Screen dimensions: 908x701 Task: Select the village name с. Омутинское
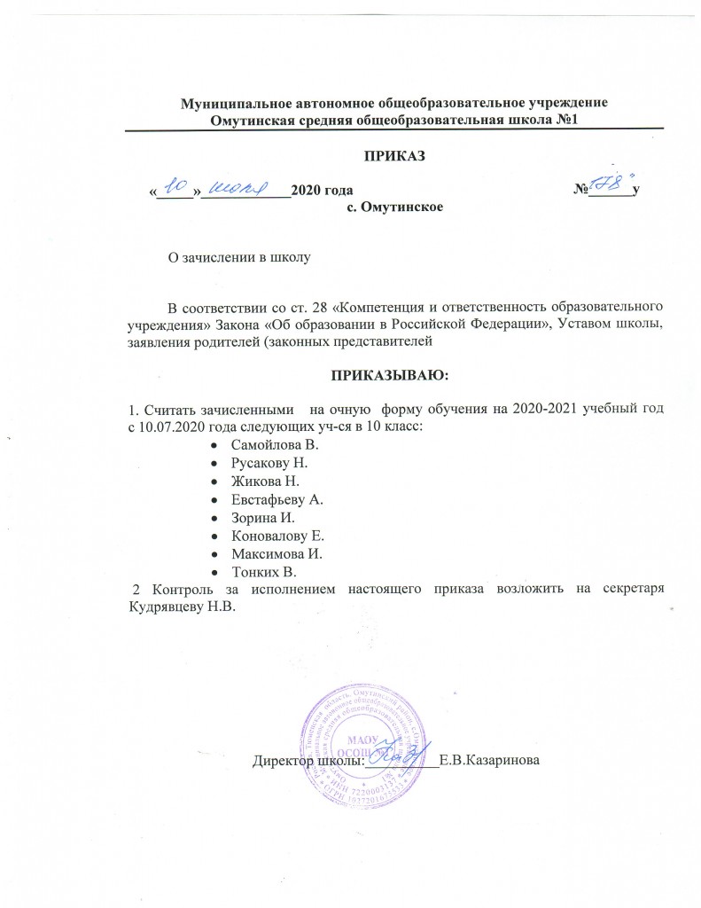tap(393, 207)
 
